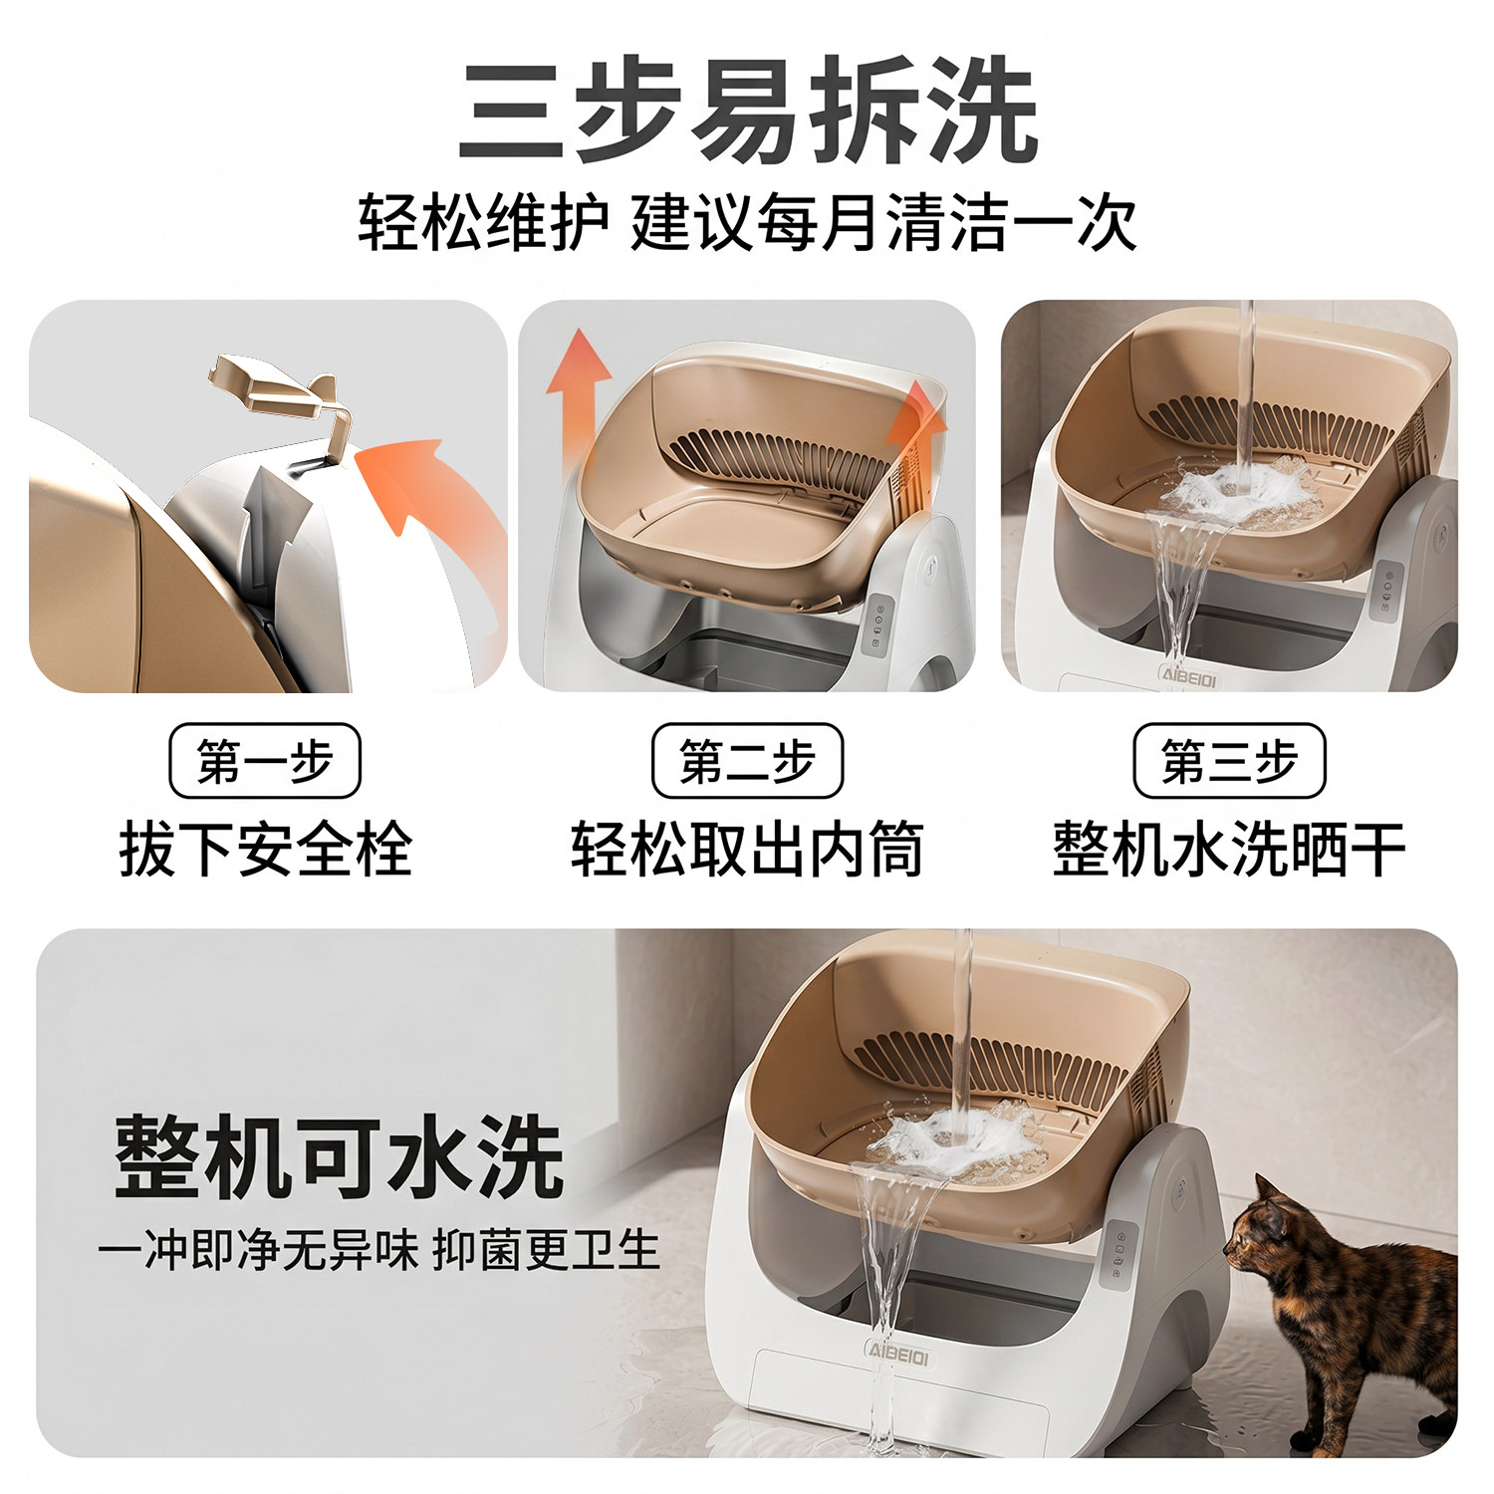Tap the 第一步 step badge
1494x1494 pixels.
pos(265,761)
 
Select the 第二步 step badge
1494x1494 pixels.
pos(747,761)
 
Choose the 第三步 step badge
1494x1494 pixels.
pos(1229,761)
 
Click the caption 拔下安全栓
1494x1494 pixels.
pos(265,850)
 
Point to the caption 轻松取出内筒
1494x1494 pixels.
pos(747,850)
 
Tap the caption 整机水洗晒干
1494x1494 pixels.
pos(1229,850)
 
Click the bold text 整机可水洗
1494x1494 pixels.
pos(339,1155)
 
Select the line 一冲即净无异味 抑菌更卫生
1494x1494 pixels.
pos(378,1250)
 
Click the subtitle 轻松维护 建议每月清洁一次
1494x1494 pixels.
pos(747,224)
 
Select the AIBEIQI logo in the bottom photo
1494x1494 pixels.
pos(897,1356)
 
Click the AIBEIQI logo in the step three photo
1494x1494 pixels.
pos(1188,675)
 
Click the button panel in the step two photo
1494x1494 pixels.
pos(876,624)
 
